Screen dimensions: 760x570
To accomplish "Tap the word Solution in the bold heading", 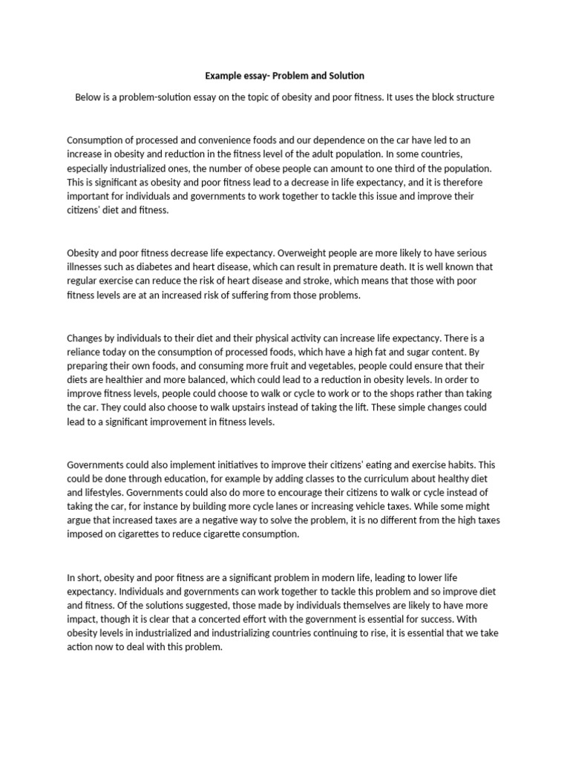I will [x=344, y=76].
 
